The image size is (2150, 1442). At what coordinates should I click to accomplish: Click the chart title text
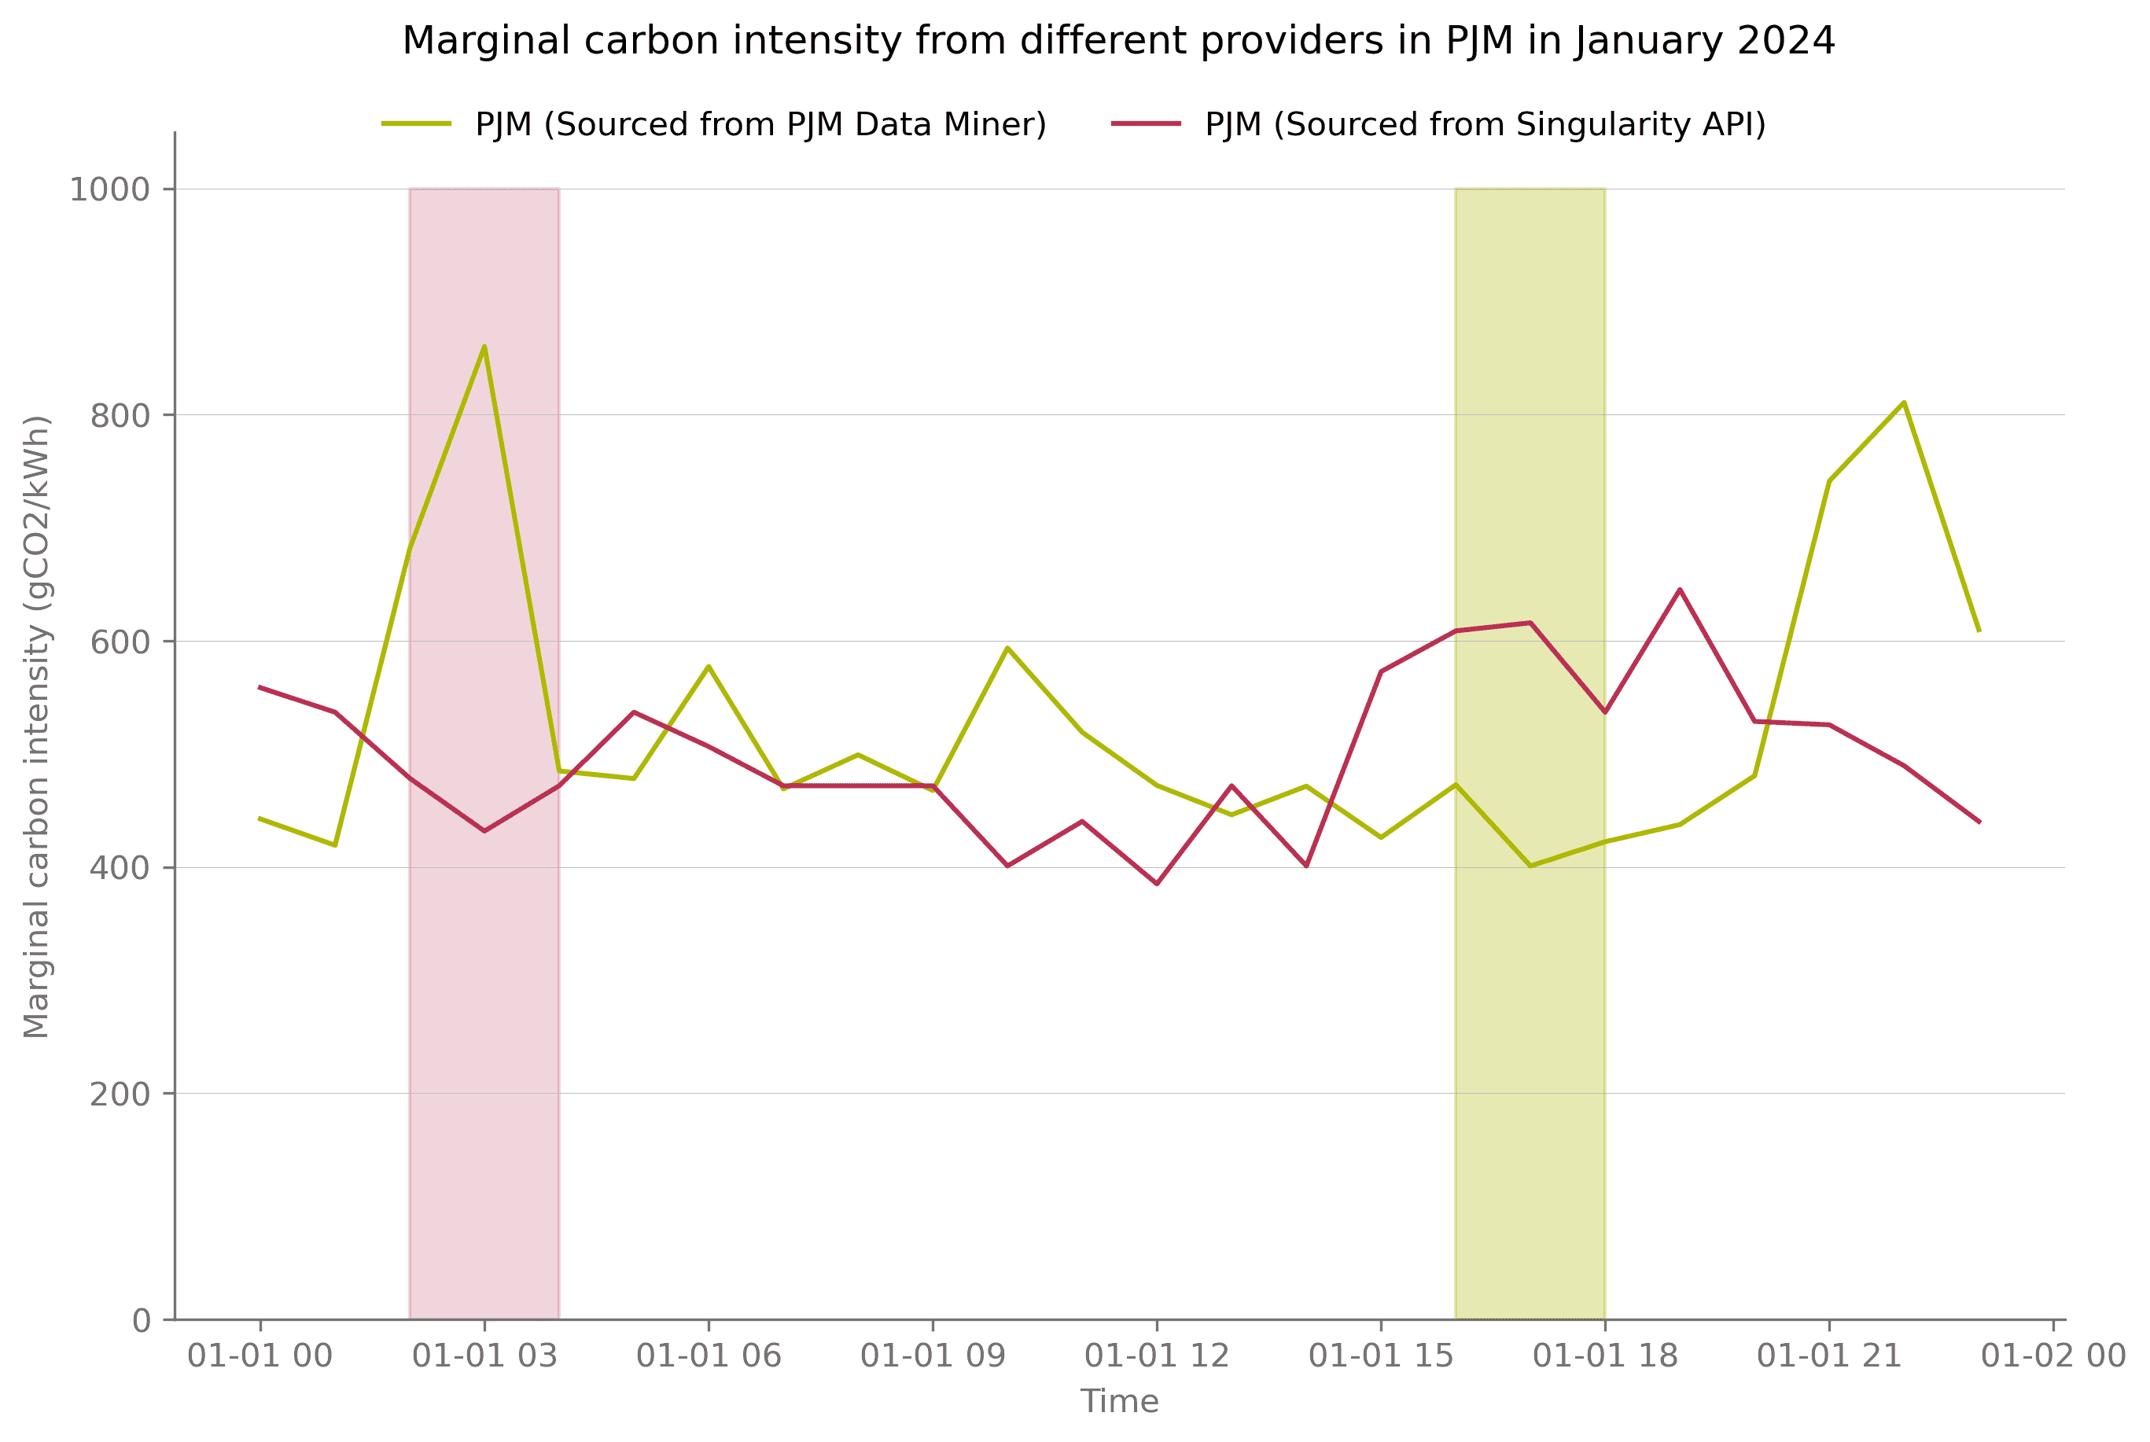point(1118,42)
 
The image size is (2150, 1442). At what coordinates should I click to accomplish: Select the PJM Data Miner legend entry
point(760,124)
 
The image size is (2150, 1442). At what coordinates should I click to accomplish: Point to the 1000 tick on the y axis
point(110,189)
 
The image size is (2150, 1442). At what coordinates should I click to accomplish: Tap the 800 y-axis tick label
point(120,416)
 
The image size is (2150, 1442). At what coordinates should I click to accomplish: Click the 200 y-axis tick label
point(120,1094)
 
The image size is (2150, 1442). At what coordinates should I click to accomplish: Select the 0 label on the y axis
point(142,1322)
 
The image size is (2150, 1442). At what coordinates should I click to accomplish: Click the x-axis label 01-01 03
point(484,1356)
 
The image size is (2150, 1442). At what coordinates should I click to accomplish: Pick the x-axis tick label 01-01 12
point(1156,1356)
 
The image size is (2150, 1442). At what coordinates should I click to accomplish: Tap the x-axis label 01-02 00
point(2052,1356)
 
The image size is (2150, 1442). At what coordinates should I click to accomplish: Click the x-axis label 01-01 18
point(1605,1356)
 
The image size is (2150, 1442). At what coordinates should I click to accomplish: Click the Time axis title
point(1118,1402)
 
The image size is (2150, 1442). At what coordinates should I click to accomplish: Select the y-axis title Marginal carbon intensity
point(37,727)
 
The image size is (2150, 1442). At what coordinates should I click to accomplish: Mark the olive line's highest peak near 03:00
point(484,347)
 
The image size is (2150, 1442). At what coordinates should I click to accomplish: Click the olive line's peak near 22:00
point(1904,403)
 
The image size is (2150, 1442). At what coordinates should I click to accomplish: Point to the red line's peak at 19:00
point(1679,590)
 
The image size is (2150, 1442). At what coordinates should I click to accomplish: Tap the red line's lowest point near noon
point(1156,884)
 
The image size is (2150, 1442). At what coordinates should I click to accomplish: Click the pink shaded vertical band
point(484,1012)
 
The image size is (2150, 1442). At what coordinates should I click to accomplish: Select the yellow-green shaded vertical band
point(1530,1058)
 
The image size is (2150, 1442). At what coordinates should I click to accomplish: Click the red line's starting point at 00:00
point(260,687)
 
